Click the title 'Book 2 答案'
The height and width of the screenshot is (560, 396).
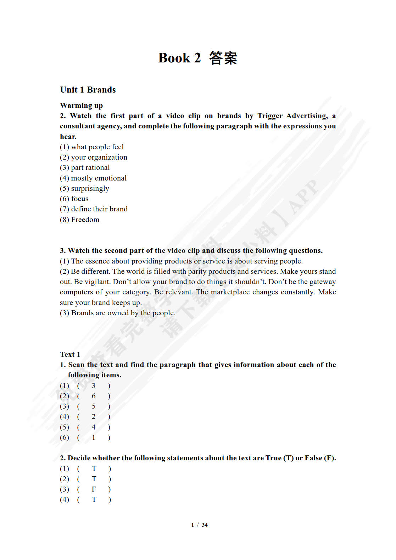coord(197,58)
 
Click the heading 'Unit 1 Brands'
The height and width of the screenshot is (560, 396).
coord(88,90)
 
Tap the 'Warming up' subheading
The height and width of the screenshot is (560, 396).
coord(81,105)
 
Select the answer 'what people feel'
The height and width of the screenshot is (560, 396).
coord(97,147)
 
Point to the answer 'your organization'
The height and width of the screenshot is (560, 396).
coord(99,157)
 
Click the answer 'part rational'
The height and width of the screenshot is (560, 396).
coord(90,167)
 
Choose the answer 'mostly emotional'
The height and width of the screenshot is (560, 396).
coord(99,178)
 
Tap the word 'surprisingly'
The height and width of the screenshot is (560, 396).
coord(90,188)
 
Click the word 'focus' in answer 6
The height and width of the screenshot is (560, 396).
coord(80,199)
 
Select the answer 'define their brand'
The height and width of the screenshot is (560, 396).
coord(99,209)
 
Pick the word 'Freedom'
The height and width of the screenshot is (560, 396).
coord(85,220)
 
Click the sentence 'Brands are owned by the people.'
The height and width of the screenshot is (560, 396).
coord(123,313)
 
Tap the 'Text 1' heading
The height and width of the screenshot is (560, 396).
coord(70,354)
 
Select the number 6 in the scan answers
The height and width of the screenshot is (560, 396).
coord(94,396)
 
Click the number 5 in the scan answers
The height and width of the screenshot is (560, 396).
coord(94,406)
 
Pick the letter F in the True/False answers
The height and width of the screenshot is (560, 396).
coord(94,489)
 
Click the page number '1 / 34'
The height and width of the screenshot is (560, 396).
coord(199,525)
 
